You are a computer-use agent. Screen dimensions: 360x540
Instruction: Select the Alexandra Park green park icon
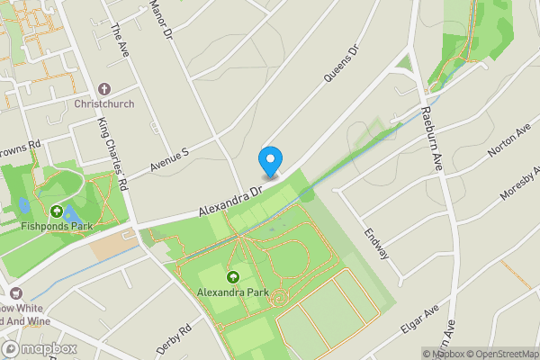pos(234,277)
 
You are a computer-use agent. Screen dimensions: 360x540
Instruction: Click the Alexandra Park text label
pos(234,292)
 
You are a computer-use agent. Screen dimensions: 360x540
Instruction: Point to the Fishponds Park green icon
pos(57,212)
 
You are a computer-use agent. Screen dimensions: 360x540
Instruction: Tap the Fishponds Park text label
pos(57,228)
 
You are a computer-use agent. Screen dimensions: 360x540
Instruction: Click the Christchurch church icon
pos(104,89)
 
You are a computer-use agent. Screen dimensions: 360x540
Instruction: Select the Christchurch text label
pos(104,103)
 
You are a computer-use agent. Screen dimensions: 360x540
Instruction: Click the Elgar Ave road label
pos(418,319)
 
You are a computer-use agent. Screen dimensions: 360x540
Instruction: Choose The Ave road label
pos(118,42)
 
